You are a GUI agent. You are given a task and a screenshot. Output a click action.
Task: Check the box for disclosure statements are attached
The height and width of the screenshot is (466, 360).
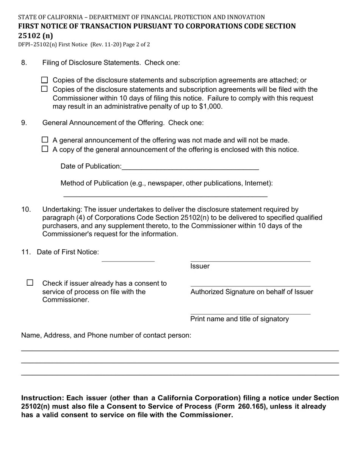(45, 80)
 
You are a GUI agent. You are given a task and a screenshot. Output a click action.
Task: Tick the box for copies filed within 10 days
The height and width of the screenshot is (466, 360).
(45, 89)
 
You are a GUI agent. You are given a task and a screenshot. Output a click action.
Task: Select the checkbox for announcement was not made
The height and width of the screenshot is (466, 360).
(45, 140)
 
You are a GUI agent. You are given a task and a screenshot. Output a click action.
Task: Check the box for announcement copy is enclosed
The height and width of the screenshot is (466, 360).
(45, 149)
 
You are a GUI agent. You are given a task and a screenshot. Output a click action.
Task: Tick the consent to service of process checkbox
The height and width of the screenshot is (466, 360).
(30, 283)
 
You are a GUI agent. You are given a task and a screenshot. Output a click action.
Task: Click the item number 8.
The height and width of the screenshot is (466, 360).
(24, 63)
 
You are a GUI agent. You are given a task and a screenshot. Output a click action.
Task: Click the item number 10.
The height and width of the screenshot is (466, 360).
(26, 210)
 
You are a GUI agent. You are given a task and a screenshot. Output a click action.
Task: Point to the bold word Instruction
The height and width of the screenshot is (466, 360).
(42, 398)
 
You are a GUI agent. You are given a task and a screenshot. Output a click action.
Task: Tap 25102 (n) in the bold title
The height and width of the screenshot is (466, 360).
(36, 36)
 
